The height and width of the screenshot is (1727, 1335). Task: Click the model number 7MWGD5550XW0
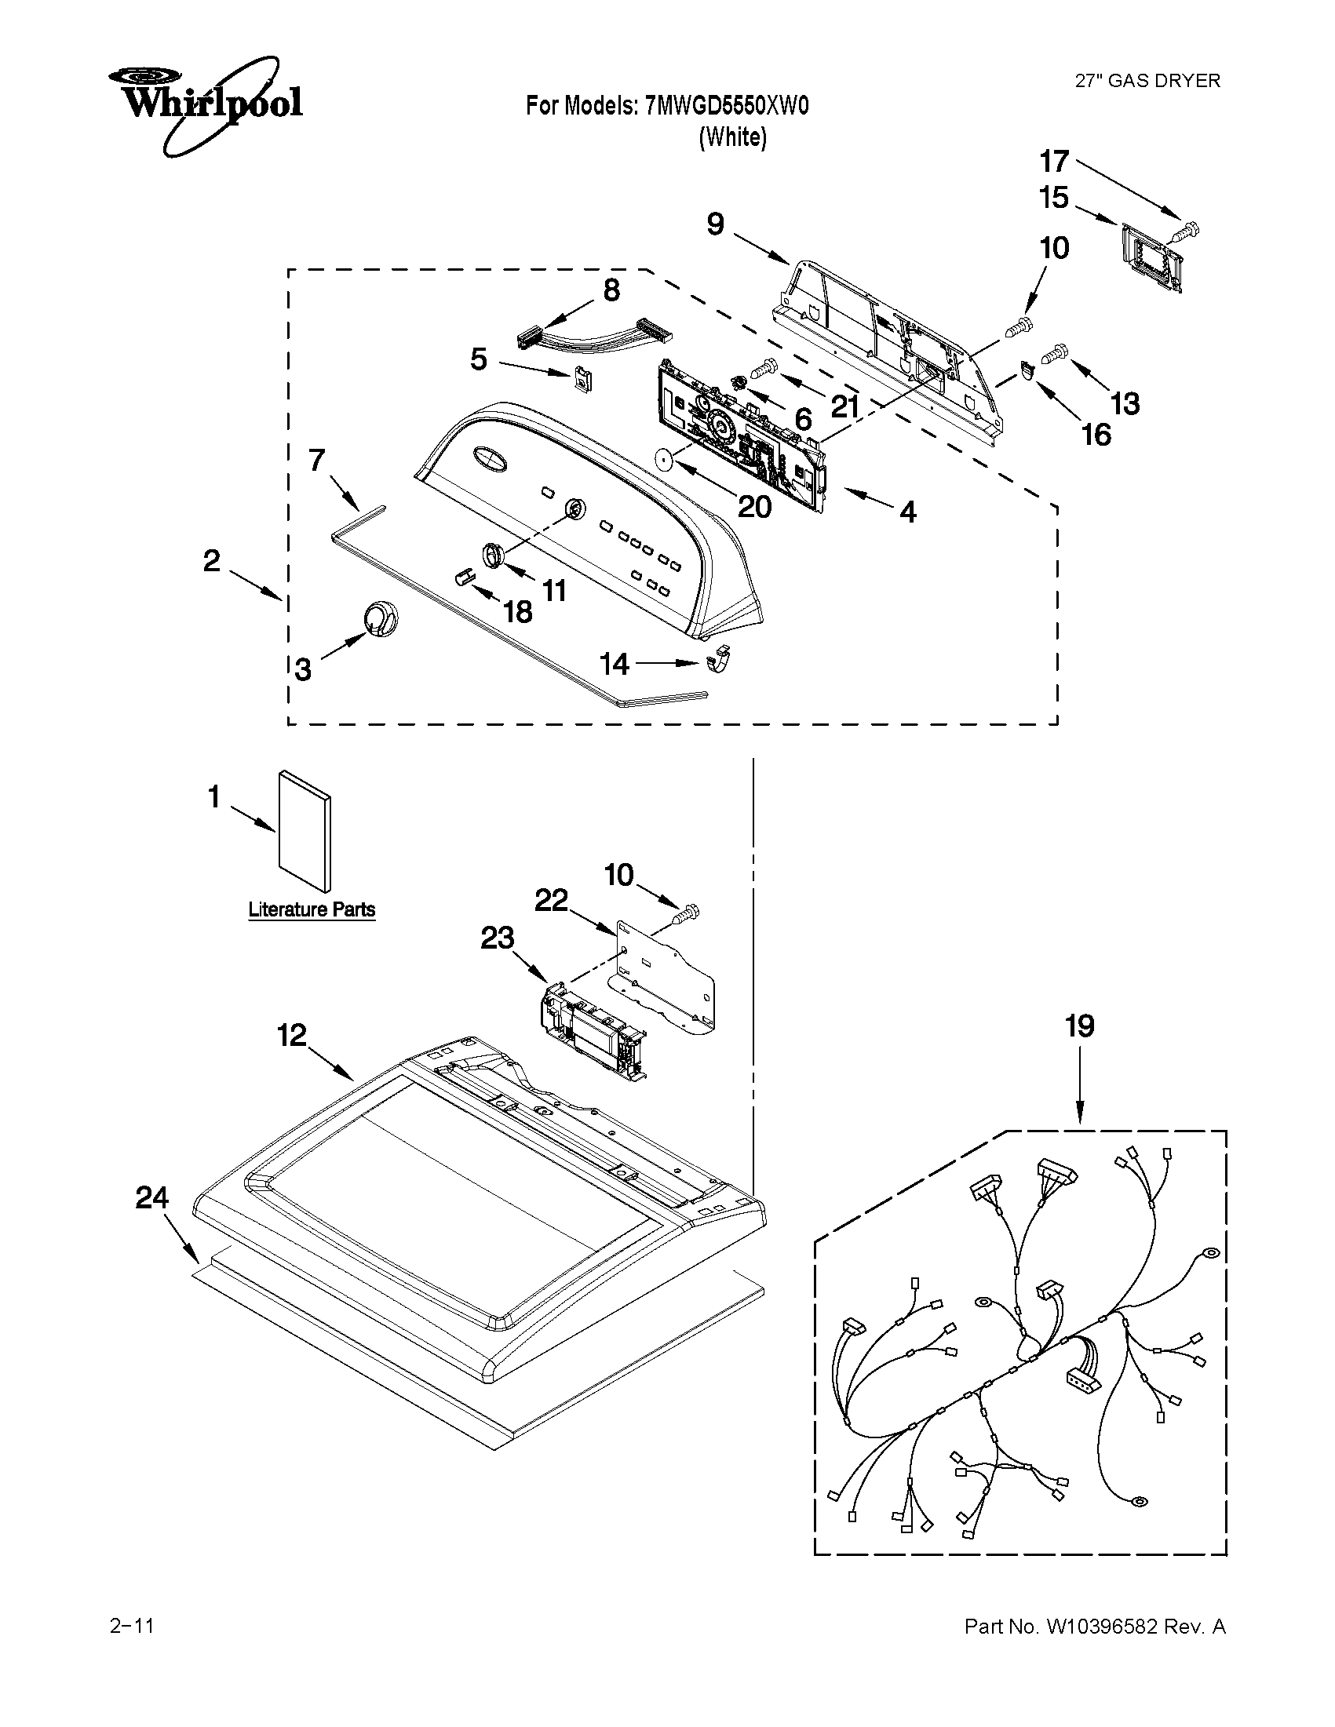tap(727, 106)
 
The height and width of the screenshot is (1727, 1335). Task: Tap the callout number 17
tap(1054, 162)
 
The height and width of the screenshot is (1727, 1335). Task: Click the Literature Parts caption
tap(312, 909)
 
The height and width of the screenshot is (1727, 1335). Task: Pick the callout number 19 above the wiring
tap(1080, 1026)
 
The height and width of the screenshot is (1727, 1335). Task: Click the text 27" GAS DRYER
tap(1147, 81)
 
